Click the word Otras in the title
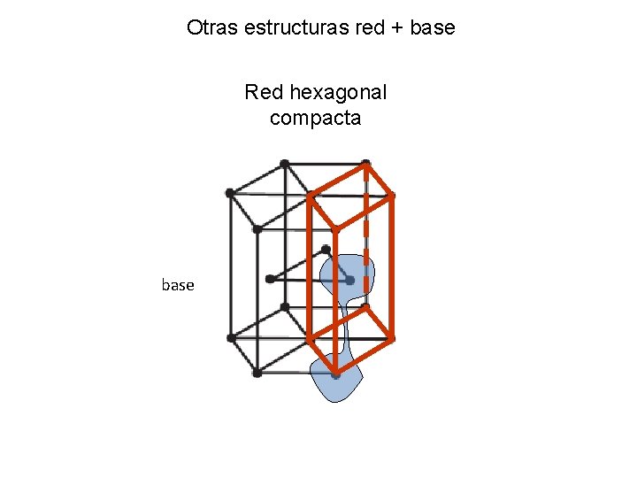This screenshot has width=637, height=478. click(x=210, y=27)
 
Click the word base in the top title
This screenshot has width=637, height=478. click(x=433, y=27)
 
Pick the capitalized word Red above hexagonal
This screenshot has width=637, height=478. click(x=263, y=92)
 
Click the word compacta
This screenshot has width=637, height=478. click(x=316, y=118)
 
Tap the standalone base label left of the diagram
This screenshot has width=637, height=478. click(x=178, y=285)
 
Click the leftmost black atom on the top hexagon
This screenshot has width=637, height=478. click(x=230, y=192)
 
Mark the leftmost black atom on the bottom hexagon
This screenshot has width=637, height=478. click(x=231, y=337)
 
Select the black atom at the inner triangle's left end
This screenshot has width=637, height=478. click(x=269, y=279)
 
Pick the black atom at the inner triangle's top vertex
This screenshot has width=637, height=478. click(x=326, y=249)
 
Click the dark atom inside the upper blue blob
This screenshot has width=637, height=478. click(x=350, y=280)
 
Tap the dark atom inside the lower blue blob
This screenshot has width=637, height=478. click(x=335, y=374)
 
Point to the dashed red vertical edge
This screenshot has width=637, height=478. click(x=365, y=239)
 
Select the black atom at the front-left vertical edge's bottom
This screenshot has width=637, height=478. click(x=257, y=374)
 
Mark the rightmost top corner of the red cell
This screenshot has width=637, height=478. click(x=391, y=196)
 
